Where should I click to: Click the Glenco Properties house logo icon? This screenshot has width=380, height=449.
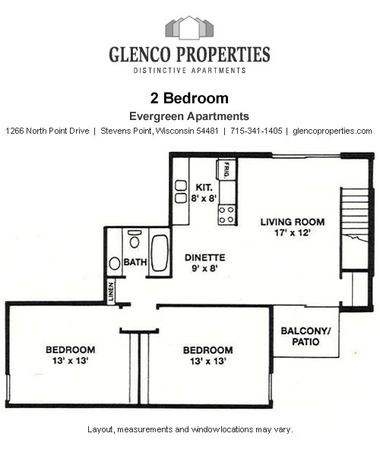coord(189,28)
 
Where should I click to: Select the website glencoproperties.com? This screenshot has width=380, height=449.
coord(332,131)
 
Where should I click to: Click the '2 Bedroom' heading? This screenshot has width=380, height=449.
coord(190,98)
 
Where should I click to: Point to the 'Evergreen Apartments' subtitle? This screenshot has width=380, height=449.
coord(189,116)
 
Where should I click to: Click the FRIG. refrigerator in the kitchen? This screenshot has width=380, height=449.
coord(226,169)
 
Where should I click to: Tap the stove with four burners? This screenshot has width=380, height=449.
coord(226,215)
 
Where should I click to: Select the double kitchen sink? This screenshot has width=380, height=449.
coord(181,191)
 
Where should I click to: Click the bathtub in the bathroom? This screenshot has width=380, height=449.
coord(159,253)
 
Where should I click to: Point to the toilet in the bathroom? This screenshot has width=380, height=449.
coord(134,242)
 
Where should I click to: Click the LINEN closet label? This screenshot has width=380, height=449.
coord(111,293)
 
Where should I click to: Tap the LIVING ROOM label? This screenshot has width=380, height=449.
coord(292,223)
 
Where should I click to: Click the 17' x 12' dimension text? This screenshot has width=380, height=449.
coord(292,234)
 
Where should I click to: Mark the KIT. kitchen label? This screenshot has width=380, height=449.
coord(204,187)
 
